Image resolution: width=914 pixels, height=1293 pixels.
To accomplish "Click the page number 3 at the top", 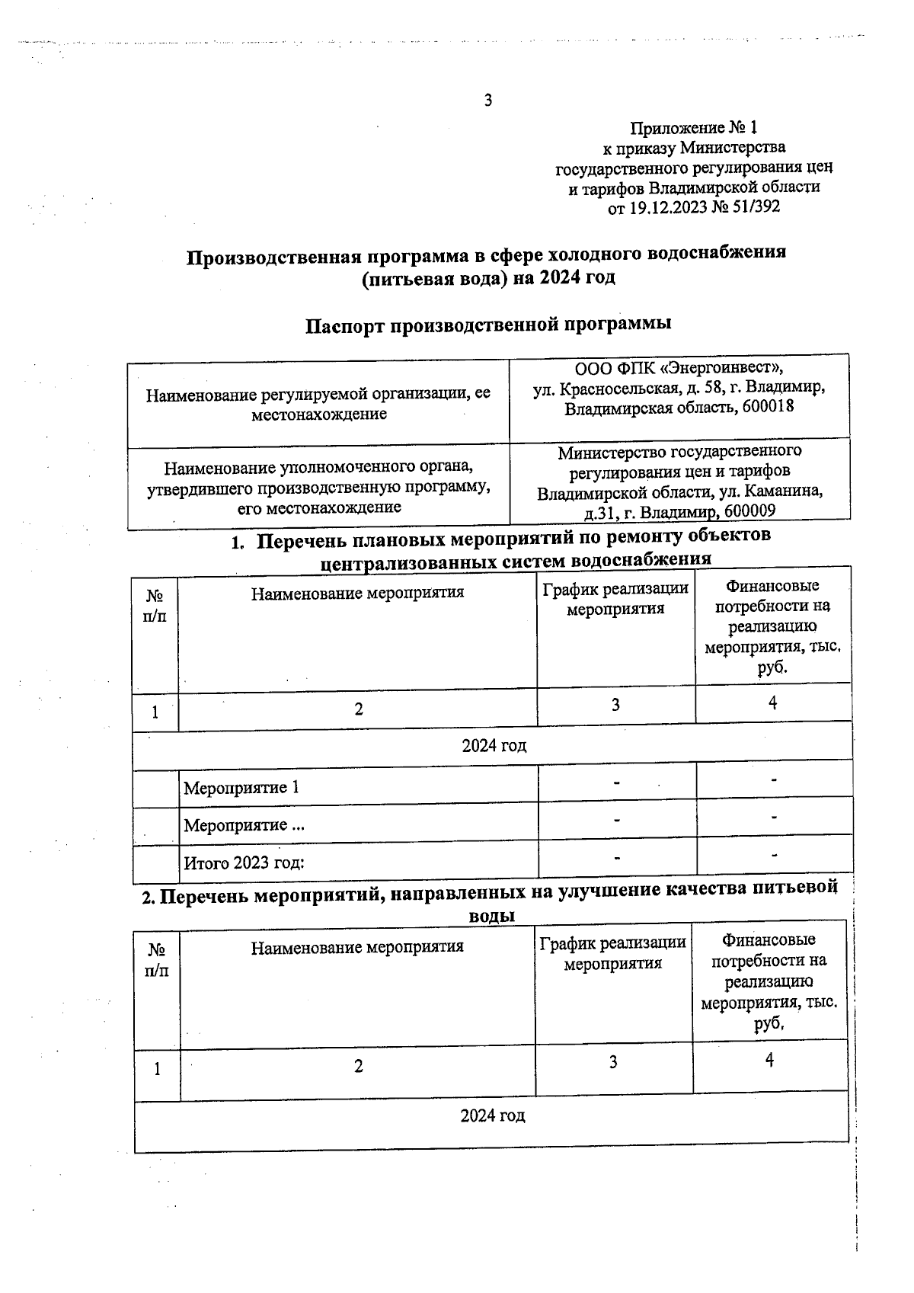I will pos(487,101).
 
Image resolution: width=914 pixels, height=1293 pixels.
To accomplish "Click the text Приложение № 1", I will pos(693,127).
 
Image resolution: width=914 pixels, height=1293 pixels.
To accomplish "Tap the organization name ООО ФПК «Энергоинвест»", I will pos(679,368).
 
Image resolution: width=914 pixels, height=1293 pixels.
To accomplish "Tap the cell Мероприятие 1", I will pos(241,788).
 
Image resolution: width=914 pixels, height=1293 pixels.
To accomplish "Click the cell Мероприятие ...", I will pos(236,825).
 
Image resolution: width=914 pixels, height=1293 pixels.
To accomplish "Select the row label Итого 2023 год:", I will pos(244,863).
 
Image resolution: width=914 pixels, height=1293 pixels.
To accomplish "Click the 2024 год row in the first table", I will pos(494,745).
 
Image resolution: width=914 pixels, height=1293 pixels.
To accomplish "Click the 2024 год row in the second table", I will pos(492,1116).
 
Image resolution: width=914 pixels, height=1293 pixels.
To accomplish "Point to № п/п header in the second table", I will pos(157,960).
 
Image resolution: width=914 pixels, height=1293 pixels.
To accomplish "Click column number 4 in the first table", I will pos(772,703).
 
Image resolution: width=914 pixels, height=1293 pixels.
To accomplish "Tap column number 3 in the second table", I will pos(612,1062).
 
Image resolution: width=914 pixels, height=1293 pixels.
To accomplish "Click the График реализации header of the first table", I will pos(615,599).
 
